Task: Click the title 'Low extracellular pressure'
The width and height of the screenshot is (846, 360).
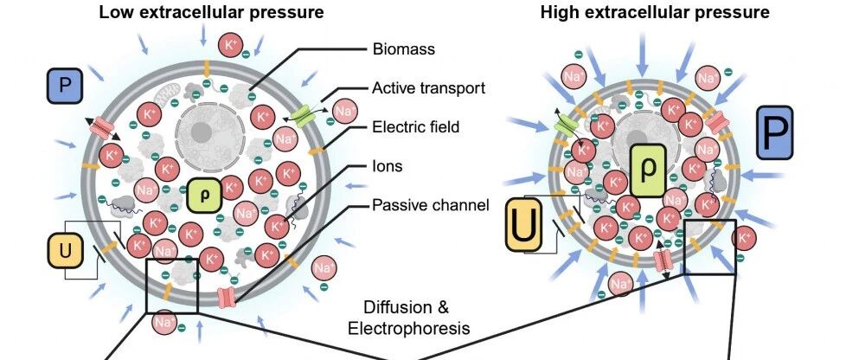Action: [211, 12]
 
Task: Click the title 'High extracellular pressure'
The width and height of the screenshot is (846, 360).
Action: [655, 12]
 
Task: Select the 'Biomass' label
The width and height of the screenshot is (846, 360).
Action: [404, 49]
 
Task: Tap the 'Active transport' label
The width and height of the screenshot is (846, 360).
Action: [429, 88]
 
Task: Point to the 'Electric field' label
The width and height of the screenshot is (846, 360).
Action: [416, 127]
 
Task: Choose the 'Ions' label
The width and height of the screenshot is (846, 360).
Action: [388, 165]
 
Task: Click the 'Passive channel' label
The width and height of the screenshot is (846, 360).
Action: [431, 205]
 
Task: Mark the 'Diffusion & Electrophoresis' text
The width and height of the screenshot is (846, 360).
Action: [408, 318]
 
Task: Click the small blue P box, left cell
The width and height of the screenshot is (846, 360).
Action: [64, 86]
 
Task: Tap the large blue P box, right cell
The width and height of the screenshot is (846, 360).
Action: [775, 132]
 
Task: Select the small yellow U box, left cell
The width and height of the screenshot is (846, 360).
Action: [65, 250]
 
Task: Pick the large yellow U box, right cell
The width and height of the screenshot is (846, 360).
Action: [523, 225]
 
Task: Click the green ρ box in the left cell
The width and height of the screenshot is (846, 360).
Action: [204, 196]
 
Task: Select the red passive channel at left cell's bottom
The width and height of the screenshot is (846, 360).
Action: [227, 298]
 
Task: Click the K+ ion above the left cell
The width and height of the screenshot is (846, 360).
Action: [231, 45]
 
